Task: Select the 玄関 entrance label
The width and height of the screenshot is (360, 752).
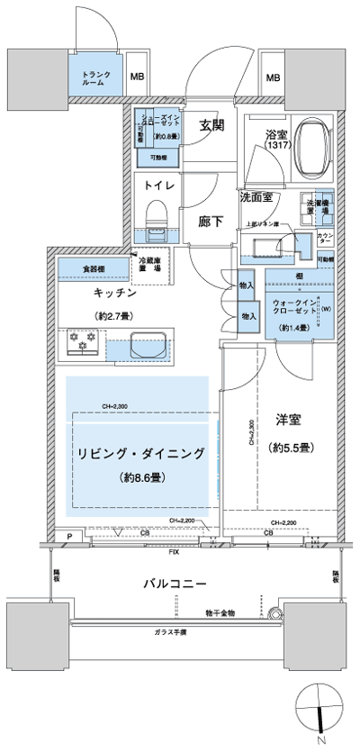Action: [x=211, y=126]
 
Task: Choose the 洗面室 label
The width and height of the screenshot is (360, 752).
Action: [x=256, y=196]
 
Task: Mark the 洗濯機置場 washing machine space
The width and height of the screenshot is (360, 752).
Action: [x=315, y=208]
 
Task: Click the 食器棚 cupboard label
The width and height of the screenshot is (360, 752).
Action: [x=93, y=268]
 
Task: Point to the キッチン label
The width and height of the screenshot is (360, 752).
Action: [x=113, y=294]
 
